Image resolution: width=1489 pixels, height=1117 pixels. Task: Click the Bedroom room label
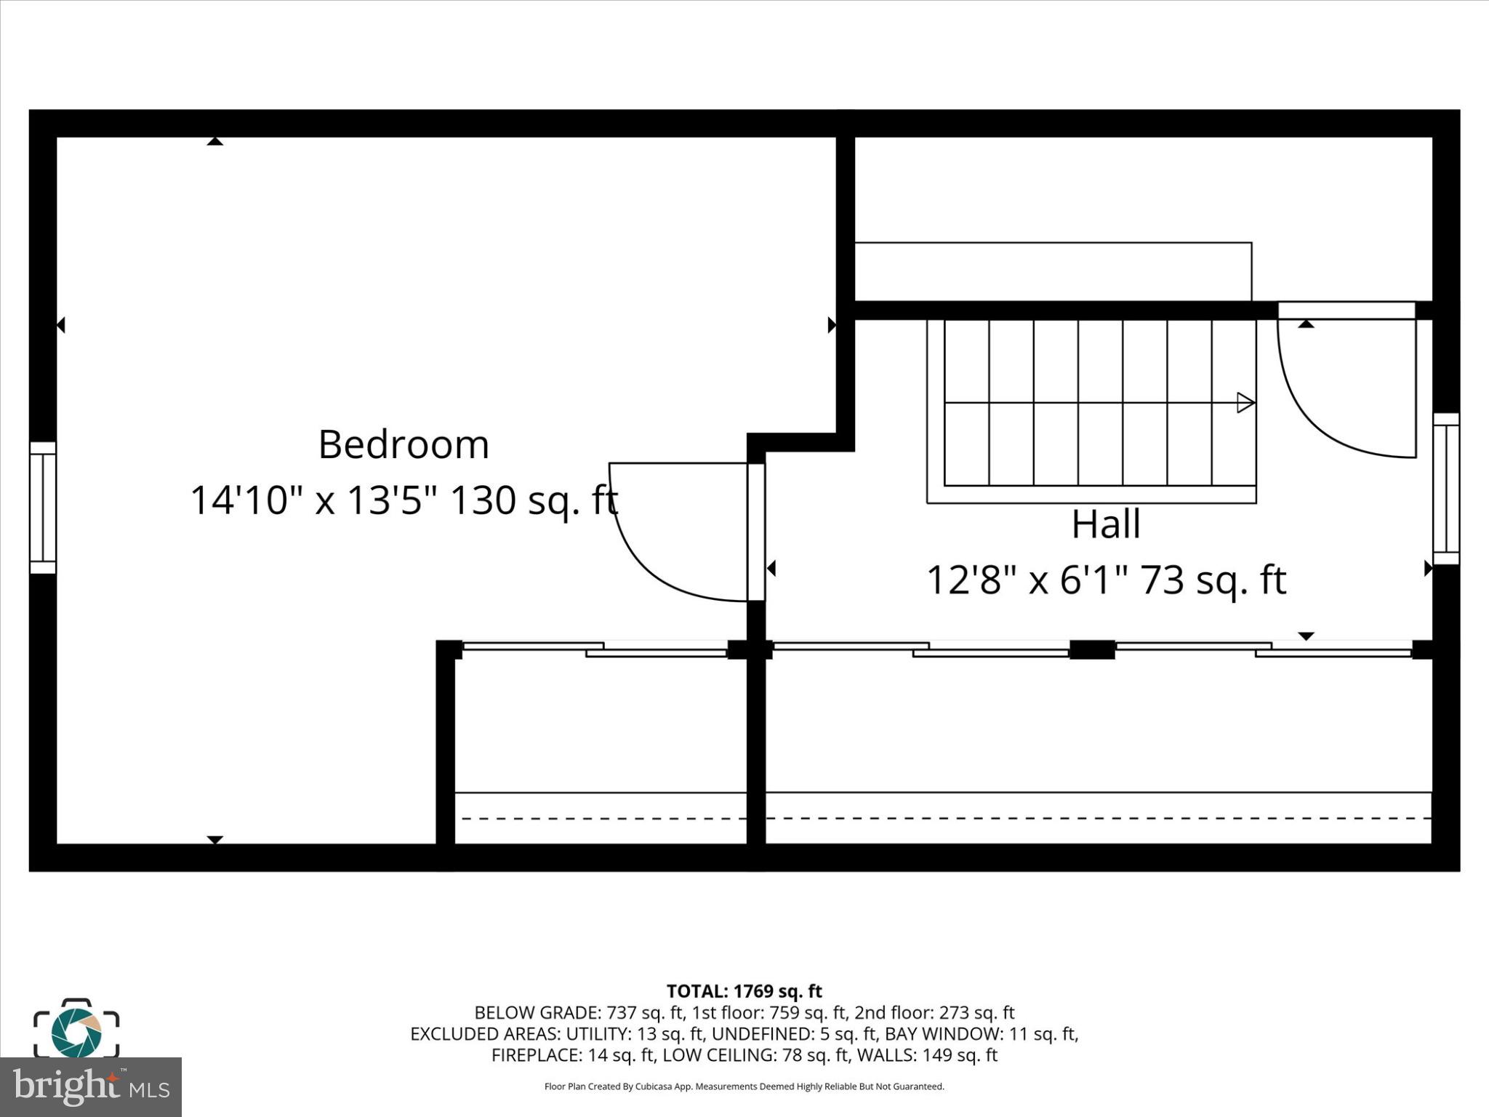(x=404, y=444)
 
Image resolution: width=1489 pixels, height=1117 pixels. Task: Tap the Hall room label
(x=1106, y=524)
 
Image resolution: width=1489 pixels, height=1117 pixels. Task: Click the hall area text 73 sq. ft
(x=1213, y=580)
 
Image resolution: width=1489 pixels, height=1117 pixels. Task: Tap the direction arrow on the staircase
(x=1245, y=403)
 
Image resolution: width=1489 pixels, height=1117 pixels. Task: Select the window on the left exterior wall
(x=43, y=507)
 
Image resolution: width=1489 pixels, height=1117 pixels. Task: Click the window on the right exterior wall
(x=1445, y=489)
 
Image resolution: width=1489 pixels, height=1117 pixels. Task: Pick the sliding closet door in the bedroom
(x=595, y=649)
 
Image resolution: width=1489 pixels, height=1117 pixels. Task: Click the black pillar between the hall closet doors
(x=1092, y=649)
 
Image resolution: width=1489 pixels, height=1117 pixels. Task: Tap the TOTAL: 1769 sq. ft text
(x=744, y=991)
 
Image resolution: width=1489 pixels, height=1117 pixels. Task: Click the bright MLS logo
(x=90, y=1087)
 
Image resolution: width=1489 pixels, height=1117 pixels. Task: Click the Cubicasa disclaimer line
(x=744, y=1086)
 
